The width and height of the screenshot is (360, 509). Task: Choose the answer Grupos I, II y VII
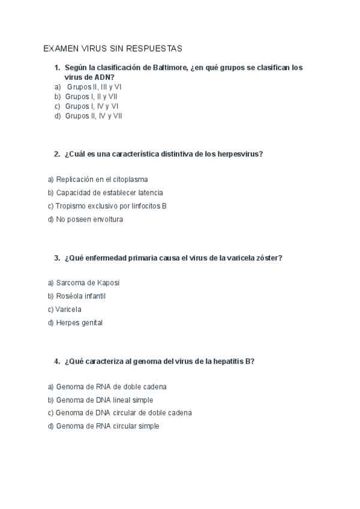point(91,96)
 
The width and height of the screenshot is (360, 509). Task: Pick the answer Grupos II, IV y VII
point(94,116)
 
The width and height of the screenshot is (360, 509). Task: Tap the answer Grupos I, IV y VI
point(92,106)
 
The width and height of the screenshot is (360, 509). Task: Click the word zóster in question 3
point(269,258)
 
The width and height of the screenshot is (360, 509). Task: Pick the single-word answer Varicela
point(68,309)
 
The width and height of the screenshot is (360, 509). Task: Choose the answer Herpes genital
point(79,322)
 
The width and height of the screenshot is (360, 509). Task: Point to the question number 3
point(56,258)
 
